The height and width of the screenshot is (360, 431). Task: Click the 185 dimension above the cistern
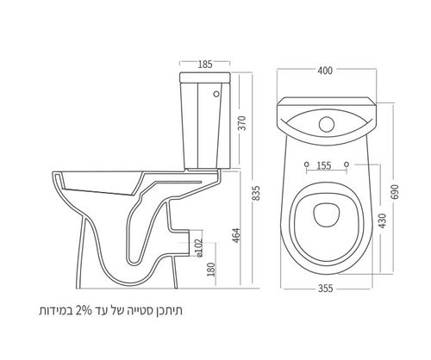coord(205,65)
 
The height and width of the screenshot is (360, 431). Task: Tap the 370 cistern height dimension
coord(243,123)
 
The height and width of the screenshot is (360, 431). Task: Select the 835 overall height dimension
coord(256,194)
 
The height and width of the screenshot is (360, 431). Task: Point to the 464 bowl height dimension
coord(236,235)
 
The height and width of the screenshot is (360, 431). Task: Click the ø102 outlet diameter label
coord(199,248)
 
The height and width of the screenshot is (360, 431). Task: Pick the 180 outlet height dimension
coord(211,270)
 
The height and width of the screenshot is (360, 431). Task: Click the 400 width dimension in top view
coord(325,71)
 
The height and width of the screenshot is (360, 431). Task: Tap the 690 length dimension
coord(396,192)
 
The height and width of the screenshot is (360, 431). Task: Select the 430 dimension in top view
coord(383,220)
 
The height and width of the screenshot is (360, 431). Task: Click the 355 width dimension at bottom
coord(325,289)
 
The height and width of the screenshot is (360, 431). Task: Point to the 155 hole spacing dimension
coord(324,166)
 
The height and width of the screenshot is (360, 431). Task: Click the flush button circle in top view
coord(327,124)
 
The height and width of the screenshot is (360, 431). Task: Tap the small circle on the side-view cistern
coord(216,94)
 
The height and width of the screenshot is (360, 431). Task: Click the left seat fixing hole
coord(307,164)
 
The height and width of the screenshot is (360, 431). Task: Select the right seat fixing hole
coord(347,164)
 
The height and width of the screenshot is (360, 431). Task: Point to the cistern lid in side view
coord(205,77)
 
